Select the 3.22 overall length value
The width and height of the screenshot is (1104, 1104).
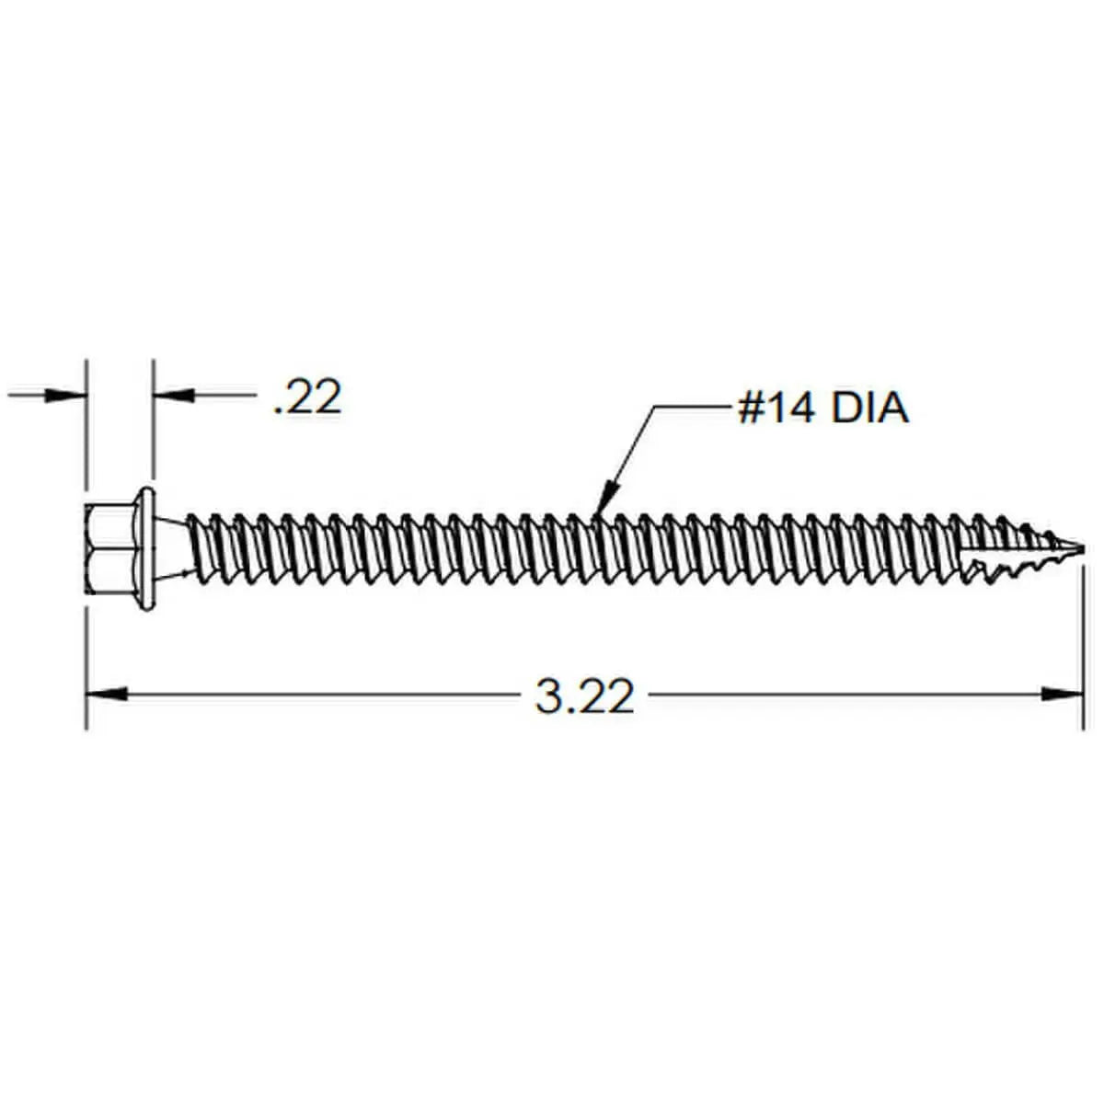click(x=584, y=697)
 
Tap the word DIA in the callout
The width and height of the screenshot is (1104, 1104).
click(x=869, y=408)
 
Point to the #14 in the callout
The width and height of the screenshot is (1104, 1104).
click(x=776, y=408)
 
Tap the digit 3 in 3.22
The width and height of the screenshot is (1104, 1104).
click(x=548, y=697)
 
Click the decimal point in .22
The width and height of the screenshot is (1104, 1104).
click(x=278, y=412)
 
